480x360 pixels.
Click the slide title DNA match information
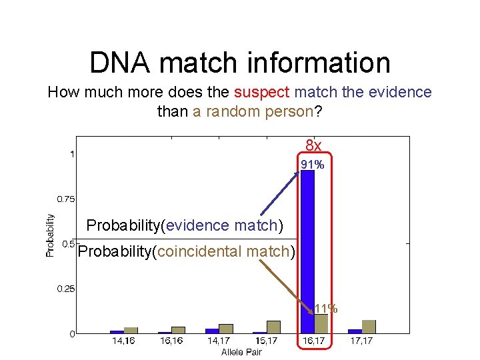(240, 63)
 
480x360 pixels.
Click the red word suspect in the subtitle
(261, 93)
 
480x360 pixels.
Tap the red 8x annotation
(313, 146)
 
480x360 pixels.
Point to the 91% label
(312, 165)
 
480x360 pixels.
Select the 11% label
(326, 309)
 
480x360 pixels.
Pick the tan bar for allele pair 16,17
(321, 323)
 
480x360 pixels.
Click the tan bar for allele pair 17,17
(369, 326)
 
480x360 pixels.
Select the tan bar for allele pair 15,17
(273, 327)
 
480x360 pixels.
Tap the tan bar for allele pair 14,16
(131, 330)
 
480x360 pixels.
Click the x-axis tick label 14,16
(123, 341)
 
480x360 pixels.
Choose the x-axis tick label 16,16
(171, 341)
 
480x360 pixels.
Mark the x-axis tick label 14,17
(219, 341)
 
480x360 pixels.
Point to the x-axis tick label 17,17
(361, 341)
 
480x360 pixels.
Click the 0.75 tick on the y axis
(65, 199)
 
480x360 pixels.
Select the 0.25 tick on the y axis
(65, 289)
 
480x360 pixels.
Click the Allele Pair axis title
(241, 351)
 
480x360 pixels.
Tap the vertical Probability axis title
(50, 234)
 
